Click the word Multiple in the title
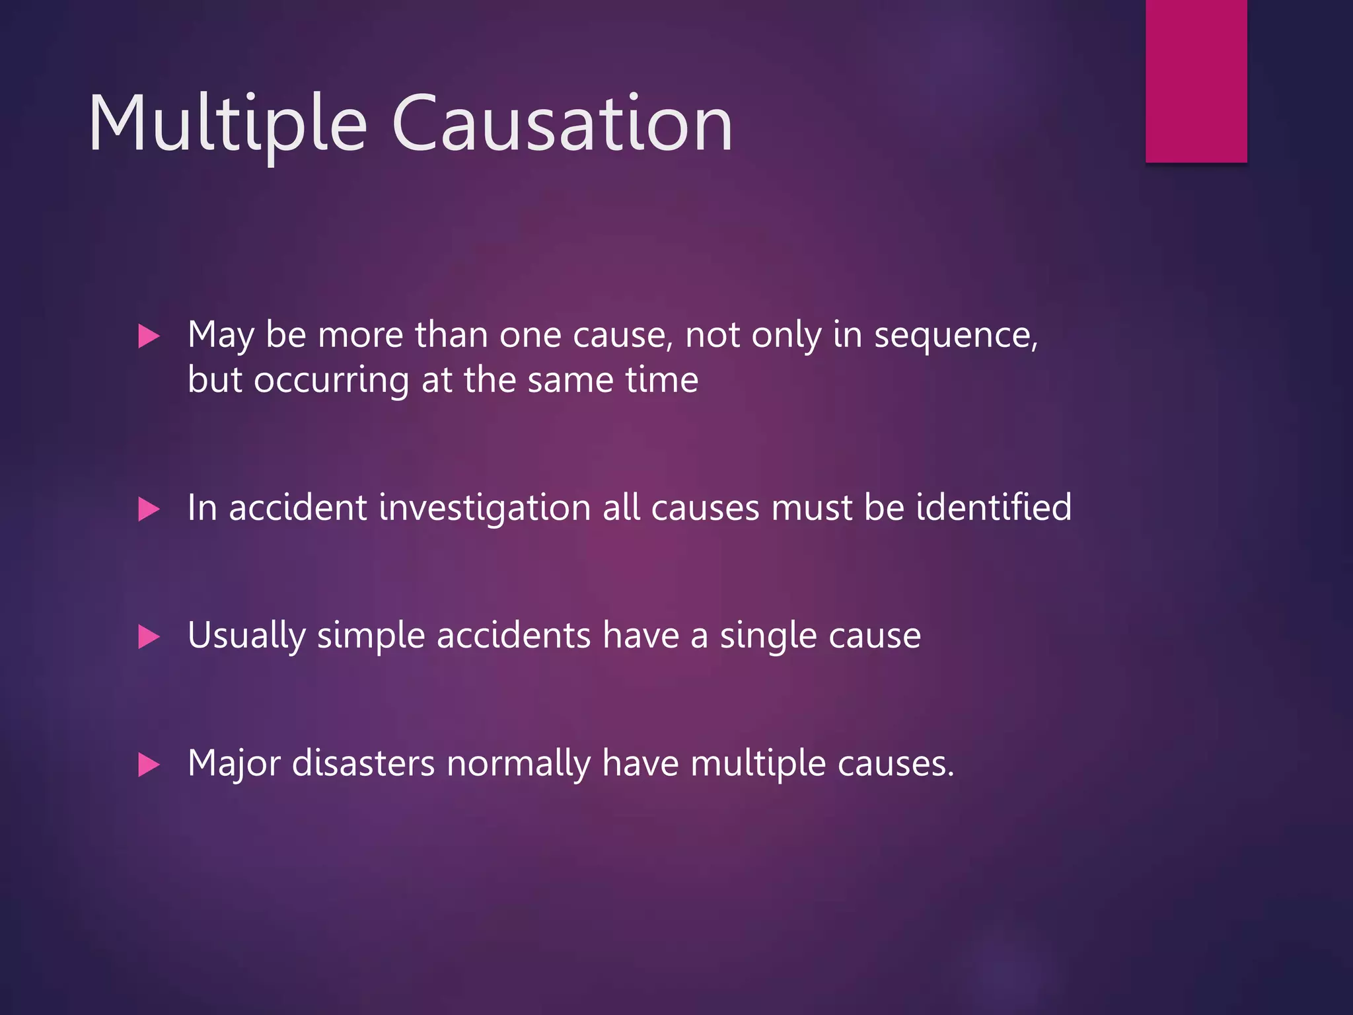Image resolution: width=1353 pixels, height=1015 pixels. point(227,124)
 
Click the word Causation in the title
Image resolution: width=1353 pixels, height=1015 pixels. point(562,124)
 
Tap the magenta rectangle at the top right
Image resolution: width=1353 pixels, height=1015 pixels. point(1196,81)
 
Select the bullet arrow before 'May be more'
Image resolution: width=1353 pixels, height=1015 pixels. point(149,336)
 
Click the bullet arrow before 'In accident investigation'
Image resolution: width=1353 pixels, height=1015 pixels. point(149,509)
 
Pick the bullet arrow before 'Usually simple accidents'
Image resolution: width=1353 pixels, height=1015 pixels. point(149,637)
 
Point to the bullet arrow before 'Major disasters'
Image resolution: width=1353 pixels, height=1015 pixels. point(149,765)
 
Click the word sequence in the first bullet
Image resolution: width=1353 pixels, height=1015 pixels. point(955,336)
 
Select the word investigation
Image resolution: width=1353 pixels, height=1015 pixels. point(485,508)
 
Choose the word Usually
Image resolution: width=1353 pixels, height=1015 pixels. point(246,636)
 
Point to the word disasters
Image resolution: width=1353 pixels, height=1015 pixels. point(363,764)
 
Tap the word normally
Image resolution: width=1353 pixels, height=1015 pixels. point(519,764)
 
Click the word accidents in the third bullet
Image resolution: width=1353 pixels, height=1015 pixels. point(513,636)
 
